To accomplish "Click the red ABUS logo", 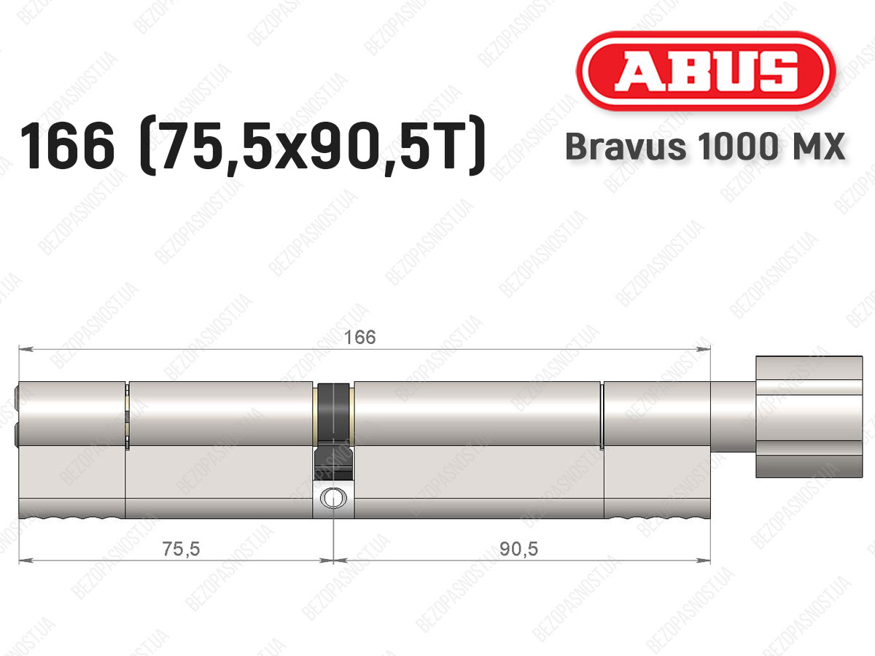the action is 706,71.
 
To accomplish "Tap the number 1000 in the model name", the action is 738,147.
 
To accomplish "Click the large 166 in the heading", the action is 67,146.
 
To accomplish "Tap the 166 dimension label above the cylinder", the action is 359,337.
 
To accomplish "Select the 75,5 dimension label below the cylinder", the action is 181,548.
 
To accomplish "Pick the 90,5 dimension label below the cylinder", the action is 518,549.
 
